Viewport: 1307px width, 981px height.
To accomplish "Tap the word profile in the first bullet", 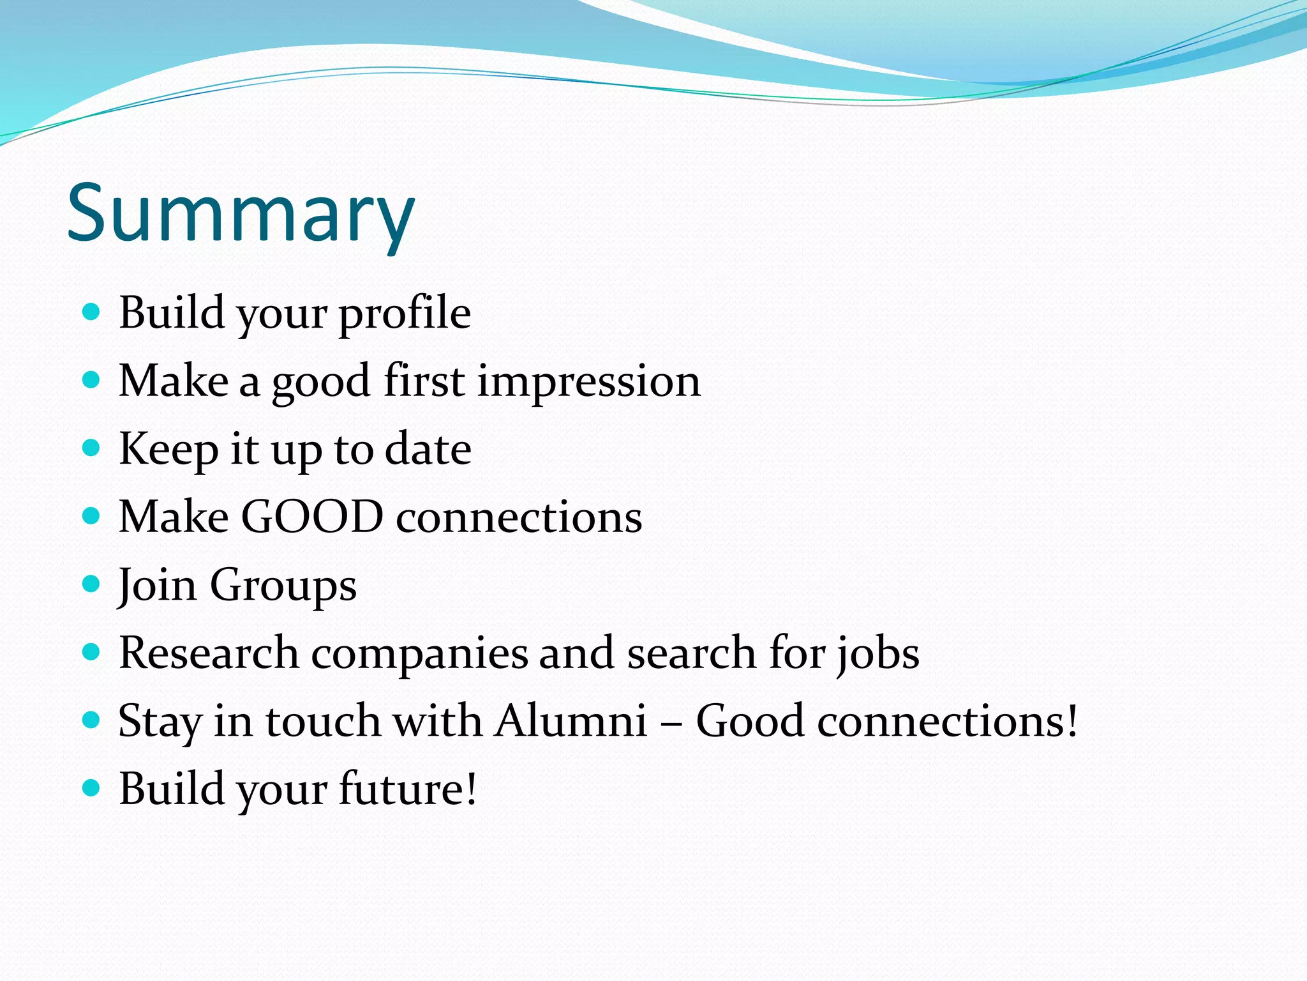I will pos(405,313).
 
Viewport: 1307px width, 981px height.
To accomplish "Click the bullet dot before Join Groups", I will pos(92,584).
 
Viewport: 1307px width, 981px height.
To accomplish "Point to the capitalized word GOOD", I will pos(312,516).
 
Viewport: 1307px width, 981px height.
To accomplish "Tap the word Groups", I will pos(283,585).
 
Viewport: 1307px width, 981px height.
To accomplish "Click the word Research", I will pos(209,653).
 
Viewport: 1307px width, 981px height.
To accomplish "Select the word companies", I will pos(419,654).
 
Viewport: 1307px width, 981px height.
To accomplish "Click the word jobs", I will pos(879,654).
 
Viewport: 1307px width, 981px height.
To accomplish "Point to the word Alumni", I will pos(571,720).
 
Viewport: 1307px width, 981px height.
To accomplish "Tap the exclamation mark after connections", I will pos(1072,720).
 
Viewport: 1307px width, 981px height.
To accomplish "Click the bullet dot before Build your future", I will pos(92,787).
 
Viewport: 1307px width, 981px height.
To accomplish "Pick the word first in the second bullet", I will pos(424,381).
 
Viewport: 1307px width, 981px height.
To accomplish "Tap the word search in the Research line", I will pos(691,654).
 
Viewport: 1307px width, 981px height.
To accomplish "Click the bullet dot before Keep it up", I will pos(92,448).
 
